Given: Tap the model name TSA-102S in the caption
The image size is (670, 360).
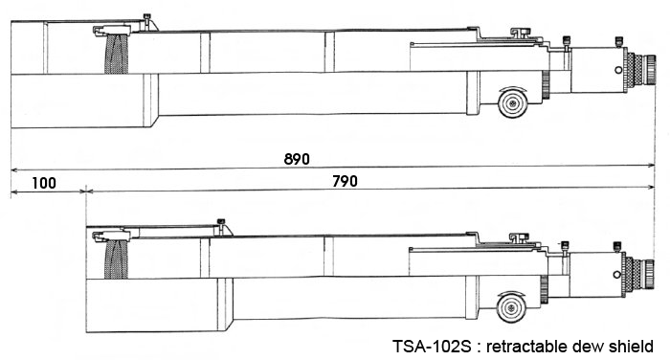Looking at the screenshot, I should point(432,345).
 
